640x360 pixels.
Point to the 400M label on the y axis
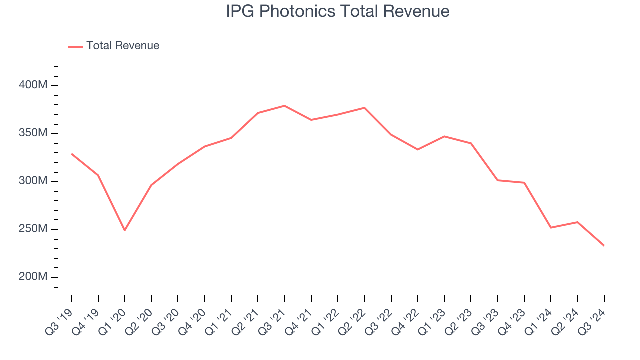pos(33,85)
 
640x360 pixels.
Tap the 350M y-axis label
pos(33,133)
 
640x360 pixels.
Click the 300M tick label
pos(33,181)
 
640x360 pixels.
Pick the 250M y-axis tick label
pos(33,229)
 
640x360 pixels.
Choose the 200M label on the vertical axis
pos(33,277)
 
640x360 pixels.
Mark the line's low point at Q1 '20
pos(124,230)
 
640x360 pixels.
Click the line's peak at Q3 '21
pos(284,106)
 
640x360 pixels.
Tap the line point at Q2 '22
pos(364,108)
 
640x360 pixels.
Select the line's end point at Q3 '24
pos(604,245)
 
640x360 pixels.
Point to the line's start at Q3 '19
pos(71,154)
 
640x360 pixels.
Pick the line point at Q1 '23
pos(444,136)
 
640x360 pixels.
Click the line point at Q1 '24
pos(551,228)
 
